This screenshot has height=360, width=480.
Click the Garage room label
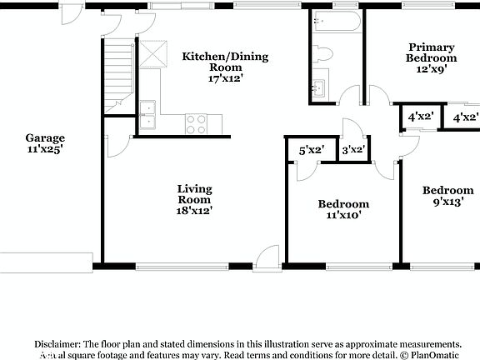coord(44,138)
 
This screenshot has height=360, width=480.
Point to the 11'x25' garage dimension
coord(44,150)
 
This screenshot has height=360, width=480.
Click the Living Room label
coord(194,194)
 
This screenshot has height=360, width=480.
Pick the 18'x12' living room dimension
coord(194,211)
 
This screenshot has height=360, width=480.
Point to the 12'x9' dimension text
coord(431,70)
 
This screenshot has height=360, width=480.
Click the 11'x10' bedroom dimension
coord(343,216)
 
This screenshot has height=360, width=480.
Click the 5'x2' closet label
coord(312,150)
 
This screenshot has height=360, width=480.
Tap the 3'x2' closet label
coord(354,150)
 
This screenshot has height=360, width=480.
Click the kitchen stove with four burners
coord(196,124)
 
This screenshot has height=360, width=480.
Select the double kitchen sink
coord(147,116)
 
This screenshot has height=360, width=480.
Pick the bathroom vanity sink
coord(319,87)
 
